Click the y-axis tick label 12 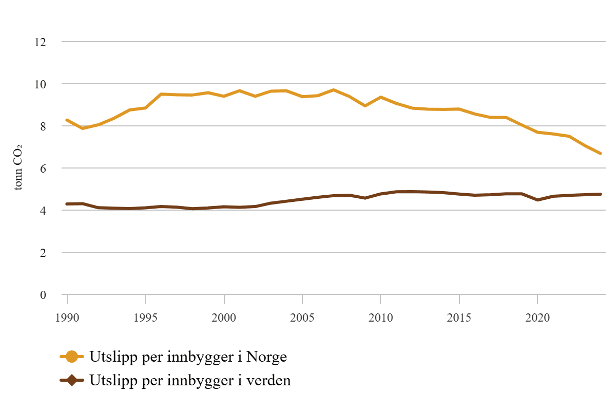40,42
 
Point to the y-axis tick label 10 40,84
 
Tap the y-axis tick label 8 43,126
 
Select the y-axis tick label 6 43,168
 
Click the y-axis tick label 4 43,211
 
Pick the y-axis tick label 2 43,253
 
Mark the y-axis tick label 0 43,295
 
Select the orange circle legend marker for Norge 72,357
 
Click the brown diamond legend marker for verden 72,381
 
